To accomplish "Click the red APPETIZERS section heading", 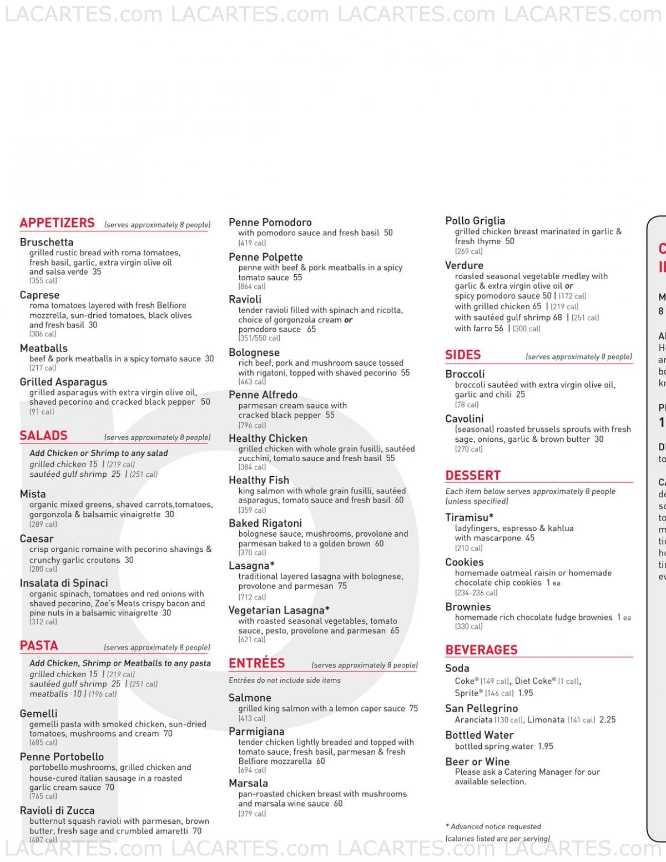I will click(x=57, y=223).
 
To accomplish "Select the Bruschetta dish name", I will click(x=47, y=242).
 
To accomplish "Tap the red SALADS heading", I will click(x=43, y=436).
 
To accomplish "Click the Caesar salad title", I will click(x=37, y=538).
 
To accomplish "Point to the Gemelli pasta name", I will click(x=38, y=714).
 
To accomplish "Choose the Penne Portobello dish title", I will click(x=62, y=757).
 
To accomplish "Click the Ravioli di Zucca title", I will click(x=57, y=810).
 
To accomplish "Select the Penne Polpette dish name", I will click(x=266, y=257).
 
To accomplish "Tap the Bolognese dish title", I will click(x=254, y=352).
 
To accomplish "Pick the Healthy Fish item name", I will click(x=259, y=480).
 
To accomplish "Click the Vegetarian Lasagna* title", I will click(x=279, y=610).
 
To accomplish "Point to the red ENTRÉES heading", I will click(x=256, y=663).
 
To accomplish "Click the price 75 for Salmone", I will click(x=413, y=708).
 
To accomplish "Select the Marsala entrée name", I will click(x=248, y=783).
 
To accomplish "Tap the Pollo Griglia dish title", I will click(x=475, y=221).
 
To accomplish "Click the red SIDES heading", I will click(x=463, y=355).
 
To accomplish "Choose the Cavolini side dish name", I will click(x=465, y=419).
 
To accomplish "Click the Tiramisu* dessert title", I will click(x=470, y=517).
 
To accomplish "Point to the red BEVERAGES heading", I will click(x=481, y=650).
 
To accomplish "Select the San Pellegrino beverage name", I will click(x=482, y=708).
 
